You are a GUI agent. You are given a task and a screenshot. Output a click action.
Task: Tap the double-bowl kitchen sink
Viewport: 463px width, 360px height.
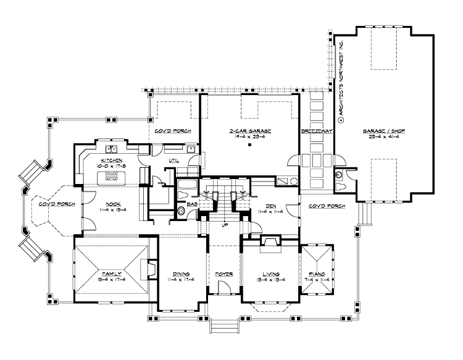[x=112, y=149]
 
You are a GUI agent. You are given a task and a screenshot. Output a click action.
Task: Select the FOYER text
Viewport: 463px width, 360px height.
[x=223, y=274]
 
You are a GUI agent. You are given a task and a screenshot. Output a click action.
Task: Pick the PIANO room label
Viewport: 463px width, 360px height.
[x=318, y=274]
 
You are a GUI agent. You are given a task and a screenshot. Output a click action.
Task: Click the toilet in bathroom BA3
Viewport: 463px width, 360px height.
[x=181, y=211]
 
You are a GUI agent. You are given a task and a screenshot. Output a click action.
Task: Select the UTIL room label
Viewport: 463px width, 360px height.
[x=174, y=160]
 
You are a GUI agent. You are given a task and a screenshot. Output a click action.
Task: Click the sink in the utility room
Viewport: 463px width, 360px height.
[x=191, y=149]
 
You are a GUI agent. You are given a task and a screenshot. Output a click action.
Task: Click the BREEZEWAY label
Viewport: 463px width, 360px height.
[x=317, y=132]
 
